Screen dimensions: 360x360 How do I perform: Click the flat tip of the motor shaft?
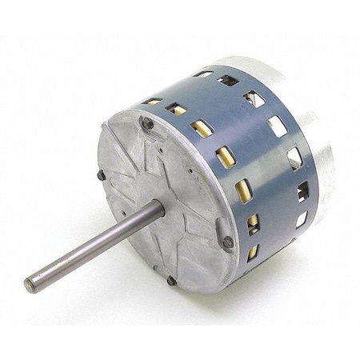[30, 283]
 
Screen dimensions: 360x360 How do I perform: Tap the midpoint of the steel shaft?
[94, 247]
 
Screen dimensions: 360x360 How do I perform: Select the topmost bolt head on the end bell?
[147, 123]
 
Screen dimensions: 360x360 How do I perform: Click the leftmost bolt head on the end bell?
[102, 175]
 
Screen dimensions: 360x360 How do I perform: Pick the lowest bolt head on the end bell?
[171, 280]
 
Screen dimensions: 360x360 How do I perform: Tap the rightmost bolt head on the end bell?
[228, 241]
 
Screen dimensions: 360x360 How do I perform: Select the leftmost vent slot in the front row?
[152, 102]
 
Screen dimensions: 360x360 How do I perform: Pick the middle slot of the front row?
[225, 156]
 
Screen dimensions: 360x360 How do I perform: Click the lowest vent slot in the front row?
[253, 252]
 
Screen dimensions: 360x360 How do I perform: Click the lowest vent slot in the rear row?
[301, 219]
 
